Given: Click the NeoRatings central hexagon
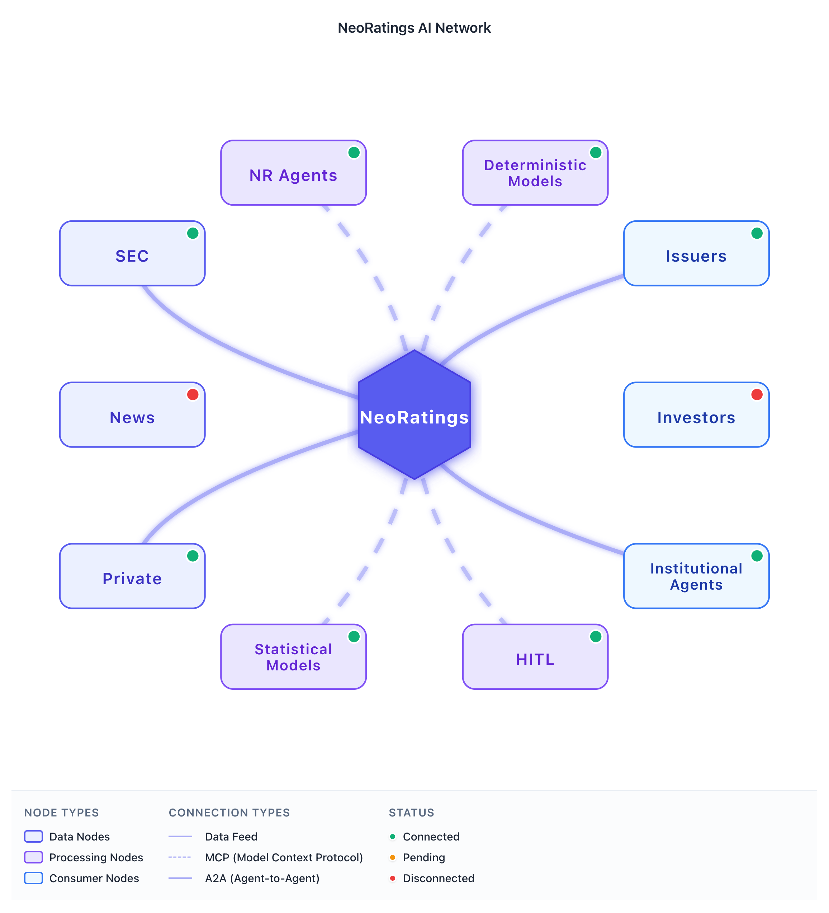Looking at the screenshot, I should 414,415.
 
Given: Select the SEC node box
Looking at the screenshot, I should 132,254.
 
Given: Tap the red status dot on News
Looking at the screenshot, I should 193,394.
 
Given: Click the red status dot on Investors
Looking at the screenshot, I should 757,394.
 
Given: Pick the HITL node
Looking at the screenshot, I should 535,657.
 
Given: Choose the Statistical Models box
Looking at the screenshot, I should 293,657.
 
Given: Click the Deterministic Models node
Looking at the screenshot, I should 535,173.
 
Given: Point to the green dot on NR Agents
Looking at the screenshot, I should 354,153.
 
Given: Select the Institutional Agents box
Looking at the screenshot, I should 696,576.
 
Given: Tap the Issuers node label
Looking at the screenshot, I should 696,256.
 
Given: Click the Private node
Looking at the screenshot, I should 132,576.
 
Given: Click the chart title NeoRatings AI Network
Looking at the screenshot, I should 414,28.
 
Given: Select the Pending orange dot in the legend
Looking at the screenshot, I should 392,857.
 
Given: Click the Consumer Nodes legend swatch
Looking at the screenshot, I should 33,878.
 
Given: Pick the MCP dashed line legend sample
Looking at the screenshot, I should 180,857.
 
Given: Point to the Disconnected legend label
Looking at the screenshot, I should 439,878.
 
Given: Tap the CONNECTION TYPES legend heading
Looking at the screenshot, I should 229,813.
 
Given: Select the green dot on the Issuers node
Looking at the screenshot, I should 757,233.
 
